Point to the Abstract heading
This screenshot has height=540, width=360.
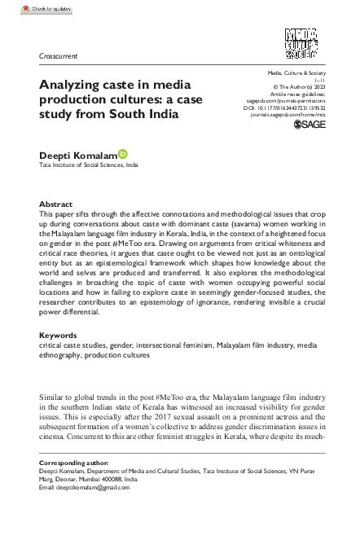56,204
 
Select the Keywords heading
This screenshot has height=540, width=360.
59,358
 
